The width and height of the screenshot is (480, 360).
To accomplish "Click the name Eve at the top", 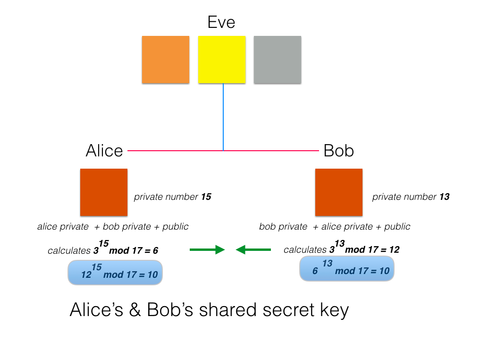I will point(221,22).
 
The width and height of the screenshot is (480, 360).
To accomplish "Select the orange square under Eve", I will point(166,60).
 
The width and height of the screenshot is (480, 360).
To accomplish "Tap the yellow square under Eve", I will point(222,60).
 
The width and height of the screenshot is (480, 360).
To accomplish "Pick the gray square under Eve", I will point(278,60).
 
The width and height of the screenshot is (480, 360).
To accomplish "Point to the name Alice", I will point(104,151).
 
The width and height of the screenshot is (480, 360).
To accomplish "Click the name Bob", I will point(338,151).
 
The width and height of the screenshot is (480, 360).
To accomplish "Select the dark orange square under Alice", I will point(104,192).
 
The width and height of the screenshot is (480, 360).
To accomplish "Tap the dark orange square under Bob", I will point(338,192).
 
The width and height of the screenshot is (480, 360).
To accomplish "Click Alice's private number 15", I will point(206,197).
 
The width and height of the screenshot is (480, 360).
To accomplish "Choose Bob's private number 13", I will point(444,197).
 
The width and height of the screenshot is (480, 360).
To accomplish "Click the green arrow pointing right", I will point(207,249).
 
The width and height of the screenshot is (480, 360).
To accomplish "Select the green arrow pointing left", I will point(253,249).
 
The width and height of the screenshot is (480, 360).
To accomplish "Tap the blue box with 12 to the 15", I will point(115,273).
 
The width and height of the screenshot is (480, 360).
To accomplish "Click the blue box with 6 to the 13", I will point(347,269).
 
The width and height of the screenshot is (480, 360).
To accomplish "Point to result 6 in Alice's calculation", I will point(155,251).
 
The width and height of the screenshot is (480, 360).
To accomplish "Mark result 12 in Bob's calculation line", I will point(394,249).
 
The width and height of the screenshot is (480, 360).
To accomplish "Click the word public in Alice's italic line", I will point(175,227).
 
